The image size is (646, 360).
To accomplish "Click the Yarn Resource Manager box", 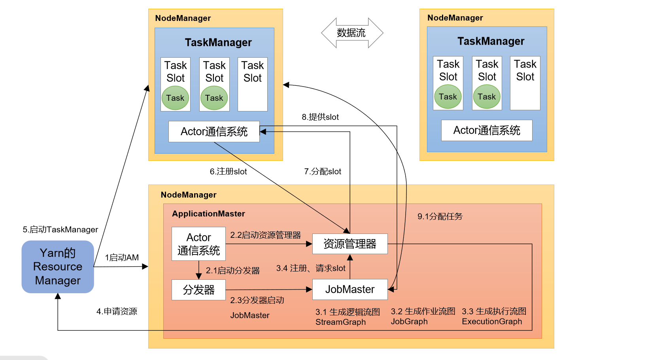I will pyautogui.click(x=58, y=267).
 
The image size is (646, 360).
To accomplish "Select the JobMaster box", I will pyautogui.click(x=349, y=289).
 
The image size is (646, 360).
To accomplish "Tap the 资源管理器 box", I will pyautogui.click(x=349, y=244).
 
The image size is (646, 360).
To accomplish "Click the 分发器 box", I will pyautogui.click(x=198, y=290).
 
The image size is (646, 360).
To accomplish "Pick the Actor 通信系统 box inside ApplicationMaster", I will pyautogui.click(x=198, y=244).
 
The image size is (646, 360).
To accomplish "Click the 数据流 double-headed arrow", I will pyautogui.click(x=352, y=33).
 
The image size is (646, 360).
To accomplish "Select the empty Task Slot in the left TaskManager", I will pyautogui.click(x=252, y=84).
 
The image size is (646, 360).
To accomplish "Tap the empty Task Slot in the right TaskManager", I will pyautogui.click(x=525, y=83).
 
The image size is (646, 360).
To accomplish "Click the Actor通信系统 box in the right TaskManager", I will pyautogui.click(x=487, y=130).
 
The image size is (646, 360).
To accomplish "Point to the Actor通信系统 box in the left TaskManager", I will pyautogui.click(x=214, y=132).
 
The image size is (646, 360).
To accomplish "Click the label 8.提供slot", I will pyautogui.click(x=320, y=117).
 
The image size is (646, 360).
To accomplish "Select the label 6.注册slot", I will pyautogui.click(x=228, y=172).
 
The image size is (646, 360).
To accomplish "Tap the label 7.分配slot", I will pyautogui.click(x=322, y=172).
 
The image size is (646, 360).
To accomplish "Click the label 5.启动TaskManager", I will pyautogui.click(x=60, y=230).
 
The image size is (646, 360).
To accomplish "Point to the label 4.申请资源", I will pyautogui.click(x=117, y=311).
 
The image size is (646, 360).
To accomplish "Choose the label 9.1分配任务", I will pyautogui.click(x=440, y=217).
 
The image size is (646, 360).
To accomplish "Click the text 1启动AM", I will pyautogui.click(x=122, y=258).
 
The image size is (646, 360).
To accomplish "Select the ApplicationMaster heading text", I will pyautogui.click(x=208, y=214).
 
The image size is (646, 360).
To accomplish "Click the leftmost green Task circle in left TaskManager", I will pyautogui.click(x=175, y=98).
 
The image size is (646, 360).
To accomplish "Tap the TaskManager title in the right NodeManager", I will pyautogui.click(x=491, y=41).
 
